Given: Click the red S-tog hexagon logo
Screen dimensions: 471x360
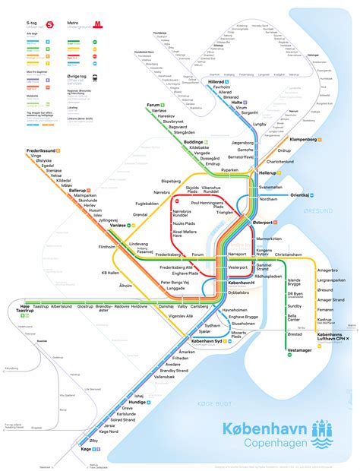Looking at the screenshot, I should [x=50, y=25].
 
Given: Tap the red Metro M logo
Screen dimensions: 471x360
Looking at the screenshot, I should [x=99, y=25].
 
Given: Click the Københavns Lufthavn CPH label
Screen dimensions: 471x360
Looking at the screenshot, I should [x=333, y=337].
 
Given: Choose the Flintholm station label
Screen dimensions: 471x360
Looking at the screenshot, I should [x=101, y=247].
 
